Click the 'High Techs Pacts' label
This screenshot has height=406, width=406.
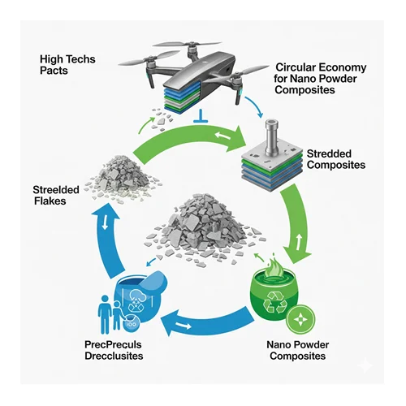pos(67,65)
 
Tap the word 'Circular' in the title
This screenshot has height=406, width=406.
pos(295,67)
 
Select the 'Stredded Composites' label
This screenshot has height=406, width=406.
pos(336,159)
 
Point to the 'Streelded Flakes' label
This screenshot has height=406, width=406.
pos(56,195)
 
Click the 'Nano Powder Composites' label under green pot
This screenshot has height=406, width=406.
pos(298,350)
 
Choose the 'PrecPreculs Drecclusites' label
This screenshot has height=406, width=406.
pos(114,350)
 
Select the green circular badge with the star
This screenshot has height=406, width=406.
pos(300,320)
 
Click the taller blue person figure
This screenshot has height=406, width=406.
pos(105,314)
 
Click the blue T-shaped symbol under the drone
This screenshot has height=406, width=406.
pos(201,116)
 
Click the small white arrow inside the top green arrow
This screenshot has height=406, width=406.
pos(222,135)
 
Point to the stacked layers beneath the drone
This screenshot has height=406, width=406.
pos(182,97)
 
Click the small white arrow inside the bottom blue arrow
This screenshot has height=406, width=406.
pos(184,326)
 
